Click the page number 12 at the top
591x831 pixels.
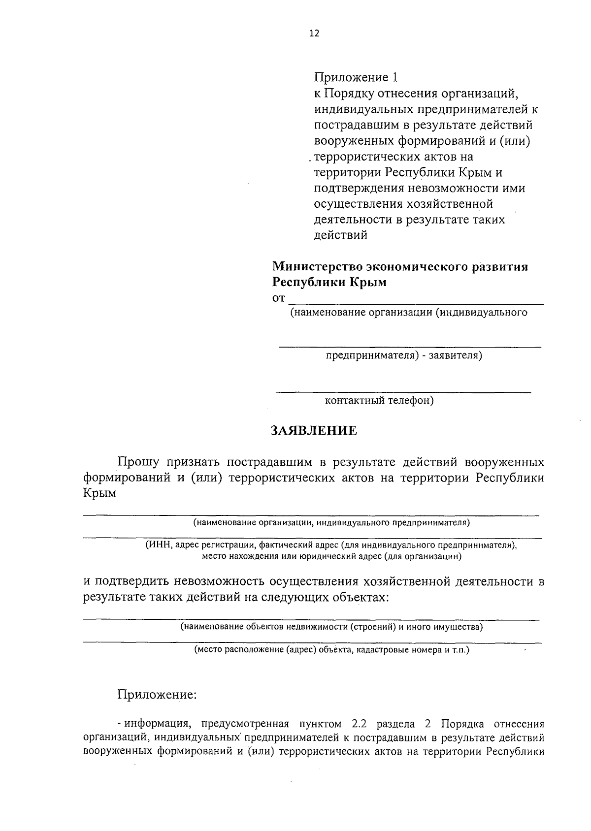point(314,33)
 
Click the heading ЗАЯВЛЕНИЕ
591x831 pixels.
point(314,431)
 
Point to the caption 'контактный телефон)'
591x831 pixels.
point(379,401)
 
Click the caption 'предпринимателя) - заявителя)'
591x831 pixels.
point(403,355)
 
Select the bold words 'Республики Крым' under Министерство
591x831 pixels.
point(329,283)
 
